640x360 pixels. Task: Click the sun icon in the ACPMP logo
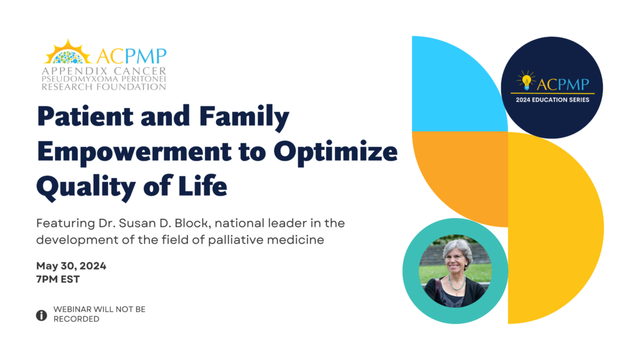pyautogui.click(x=67, y=52)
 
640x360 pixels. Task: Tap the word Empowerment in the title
pyautogui.click(x=134, y=152)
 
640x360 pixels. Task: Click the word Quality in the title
pyautogui.click(x=86, y=186)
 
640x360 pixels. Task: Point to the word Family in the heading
pyautogui.click(x=244, y=117)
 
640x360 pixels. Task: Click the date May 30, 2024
pyautogui.click(x=71, y=266)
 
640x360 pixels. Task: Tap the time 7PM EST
pyautogui.click(x=58, y=279)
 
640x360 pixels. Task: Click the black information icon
pyautogui.click(x=41, y=315)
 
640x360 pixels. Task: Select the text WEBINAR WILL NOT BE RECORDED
pyautogui.click(x=99, y=314)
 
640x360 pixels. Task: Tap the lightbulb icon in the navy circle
pyautogui.click(x=526, y=80)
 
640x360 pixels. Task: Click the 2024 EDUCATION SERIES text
pyautogui.click(x=552, y=99)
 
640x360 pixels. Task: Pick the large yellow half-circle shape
pyautogui.click(x=556, y=227)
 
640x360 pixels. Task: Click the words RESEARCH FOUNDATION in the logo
pyautogui.click(x=104, y=87)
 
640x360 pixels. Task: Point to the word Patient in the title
pyautogui.click(x=85, y=117)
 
